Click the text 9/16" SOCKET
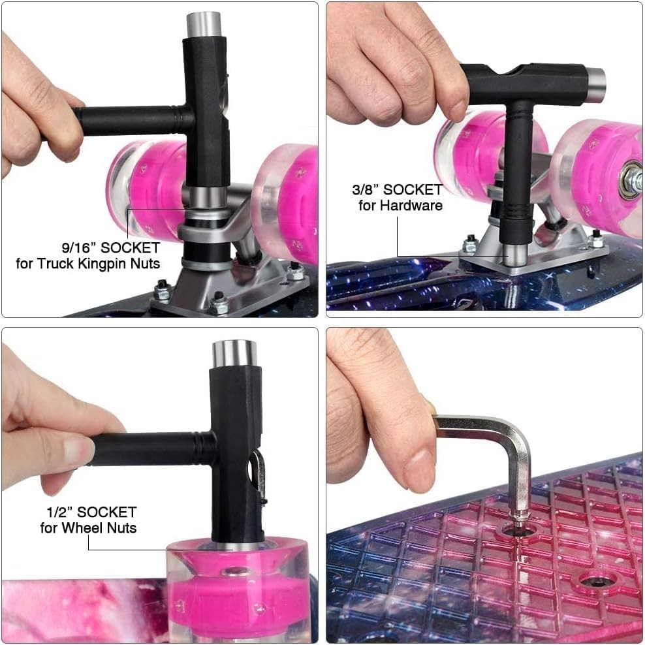(110, 247)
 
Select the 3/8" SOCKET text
(398, 189)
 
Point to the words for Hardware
(400, 205)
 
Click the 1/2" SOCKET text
(91, 512)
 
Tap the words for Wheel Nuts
(88, 527)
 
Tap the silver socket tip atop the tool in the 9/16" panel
(204, 25)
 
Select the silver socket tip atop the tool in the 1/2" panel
(234, 354)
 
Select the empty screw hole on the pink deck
(595, 582)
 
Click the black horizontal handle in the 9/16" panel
(133, 121)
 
